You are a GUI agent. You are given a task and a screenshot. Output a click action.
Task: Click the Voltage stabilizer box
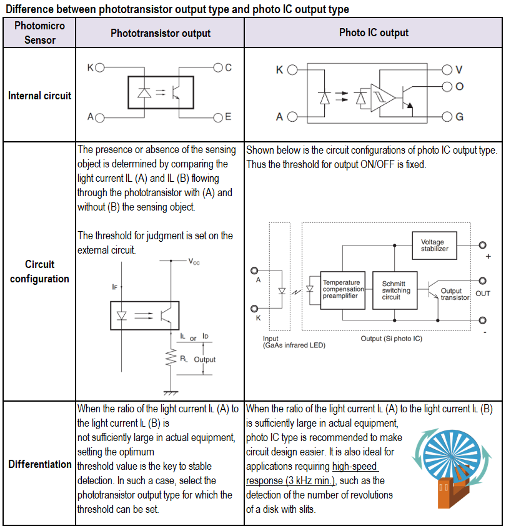[x=434, y=246]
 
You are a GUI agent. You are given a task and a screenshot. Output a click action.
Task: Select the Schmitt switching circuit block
[x=397, y=290]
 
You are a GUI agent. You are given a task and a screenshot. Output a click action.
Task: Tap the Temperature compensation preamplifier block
[x=342, y=290]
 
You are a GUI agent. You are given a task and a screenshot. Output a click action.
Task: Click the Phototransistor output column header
[x=161, y=33]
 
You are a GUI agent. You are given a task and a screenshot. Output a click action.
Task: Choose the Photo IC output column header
[x=374, y=32]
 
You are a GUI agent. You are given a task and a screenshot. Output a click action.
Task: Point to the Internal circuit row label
[x=39, y=96]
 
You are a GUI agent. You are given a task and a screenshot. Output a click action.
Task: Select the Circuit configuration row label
[x=39, y=271]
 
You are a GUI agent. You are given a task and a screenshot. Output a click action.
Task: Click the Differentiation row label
[x=39, y=464]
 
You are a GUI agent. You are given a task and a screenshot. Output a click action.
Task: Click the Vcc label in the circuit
[x=194, y=262]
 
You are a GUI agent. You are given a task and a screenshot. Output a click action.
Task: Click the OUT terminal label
[x=483, y=293]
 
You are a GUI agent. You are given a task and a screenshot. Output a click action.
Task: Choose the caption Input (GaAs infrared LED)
[x=294, y=342]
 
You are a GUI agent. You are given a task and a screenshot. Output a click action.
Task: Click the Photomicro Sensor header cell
[x=39, y=33]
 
